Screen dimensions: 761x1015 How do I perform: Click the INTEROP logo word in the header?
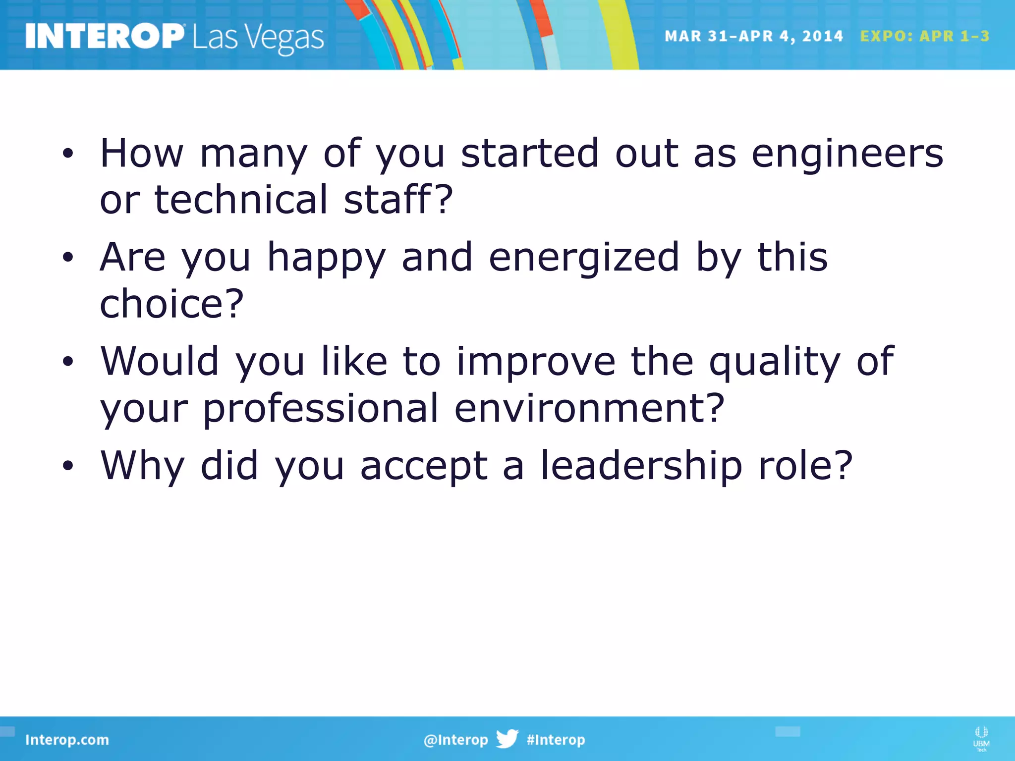coord(104,36)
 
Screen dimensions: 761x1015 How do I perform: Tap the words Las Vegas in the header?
coord(258,38)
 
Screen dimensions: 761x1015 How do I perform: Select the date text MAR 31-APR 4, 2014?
coord(753,36)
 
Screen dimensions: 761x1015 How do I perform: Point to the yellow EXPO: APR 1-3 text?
coord(925,36)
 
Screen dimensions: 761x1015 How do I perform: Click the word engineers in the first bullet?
coord(847,154)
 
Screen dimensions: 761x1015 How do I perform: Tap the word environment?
coord(589,408)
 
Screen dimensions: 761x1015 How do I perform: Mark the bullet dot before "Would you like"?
coord(68,362)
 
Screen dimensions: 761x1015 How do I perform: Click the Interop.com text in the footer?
coord(67,740)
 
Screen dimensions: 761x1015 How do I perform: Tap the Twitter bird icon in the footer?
coord(507,739)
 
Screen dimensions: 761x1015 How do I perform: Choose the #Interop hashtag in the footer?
coord(556,740)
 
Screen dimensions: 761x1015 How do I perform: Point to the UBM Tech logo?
coord(981,738)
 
